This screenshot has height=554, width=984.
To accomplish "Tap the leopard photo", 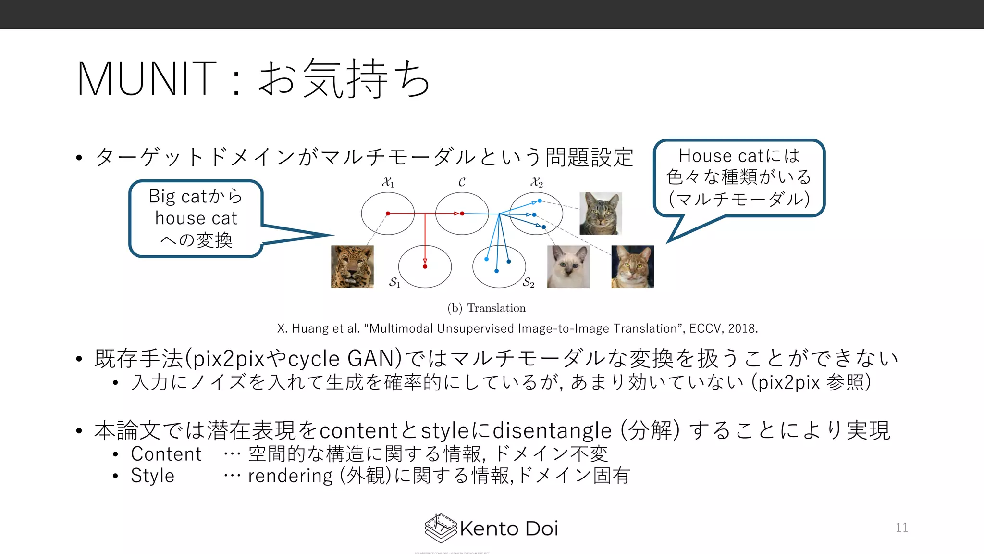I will [352, 267].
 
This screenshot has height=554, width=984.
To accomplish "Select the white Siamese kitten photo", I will [568, 267].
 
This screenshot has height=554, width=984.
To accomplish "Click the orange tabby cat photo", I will [632, 267].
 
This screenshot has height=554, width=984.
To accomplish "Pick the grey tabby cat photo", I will [601, 214].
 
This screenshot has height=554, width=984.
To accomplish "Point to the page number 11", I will [902, 528].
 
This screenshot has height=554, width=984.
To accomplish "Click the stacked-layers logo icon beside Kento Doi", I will [440, 528].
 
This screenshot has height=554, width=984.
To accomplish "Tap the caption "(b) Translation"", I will [486, 308].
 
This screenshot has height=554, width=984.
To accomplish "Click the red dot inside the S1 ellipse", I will [425, 266].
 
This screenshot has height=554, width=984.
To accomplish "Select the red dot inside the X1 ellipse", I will [388, 213].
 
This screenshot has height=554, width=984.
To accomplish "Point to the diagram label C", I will [462, 182].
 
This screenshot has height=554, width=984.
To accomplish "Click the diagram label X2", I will [536, 182].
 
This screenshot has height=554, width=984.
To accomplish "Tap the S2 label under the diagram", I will [529, 282].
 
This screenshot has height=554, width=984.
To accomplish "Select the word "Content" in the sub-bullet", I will [166, 454].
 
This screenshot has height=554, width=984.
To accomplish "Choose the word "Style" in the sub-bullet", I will [152, 476].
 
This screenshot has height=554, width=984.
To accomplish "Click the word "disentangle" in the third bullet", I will [552, 430].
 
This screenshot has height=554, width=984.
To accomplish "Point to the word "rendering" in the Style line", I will [290, 476].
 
